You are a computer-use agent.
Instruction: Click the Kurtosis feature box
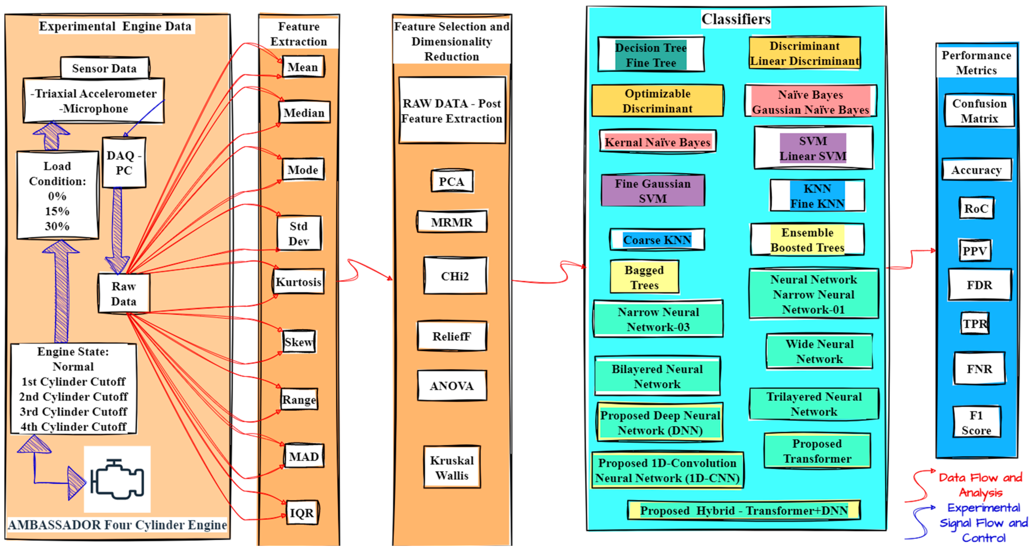click(x=299, y=282)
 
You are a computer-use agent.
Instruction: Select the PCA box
click(x=452, y=181)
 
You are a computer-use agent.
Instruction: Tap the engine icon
click(x=117, y=479)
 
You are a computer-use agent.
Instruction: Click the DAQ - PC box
click(x=124, y=163)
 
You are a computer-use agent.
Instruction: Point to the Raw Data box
click(x=124, y=294)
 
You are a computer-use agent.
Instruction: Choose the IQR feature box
click(x=302, y=513)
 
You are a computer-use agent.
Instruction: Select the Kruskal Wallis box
click(x=452, y=467)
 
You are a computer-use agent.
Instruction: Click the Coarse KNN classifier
click(x=657, y=240)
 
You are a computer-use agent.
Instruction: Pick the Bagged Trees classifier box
click(x=644, y=277)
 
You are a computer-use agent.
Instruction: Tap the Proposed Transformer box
click(x=817, y=451)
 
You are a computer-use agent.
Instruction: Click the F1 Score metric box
click(x=976, y=422)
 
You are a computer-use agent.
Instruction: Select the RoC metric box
click(x=976, y=208)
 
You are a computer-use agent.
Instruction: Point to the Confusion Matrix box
click(x=979, y=111)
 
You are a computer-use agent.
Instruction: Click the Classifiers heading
click(x=736, y=19)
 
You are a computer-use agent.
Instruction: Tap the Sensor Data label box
click(x=104, y=68)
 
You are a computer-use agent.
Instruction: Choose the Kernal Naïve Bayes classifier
click(x=657, y=142)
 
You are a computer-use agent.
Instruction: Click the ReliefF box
click(x=452, y=336)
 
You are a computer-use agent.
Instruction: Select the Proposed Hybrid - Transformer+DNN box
click(x=744, y=510)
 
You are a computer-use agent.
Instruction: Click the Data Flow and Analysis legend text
click(x=980, y=484)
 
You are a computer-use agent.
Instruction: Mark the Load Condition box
click(x=57, y=196)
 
